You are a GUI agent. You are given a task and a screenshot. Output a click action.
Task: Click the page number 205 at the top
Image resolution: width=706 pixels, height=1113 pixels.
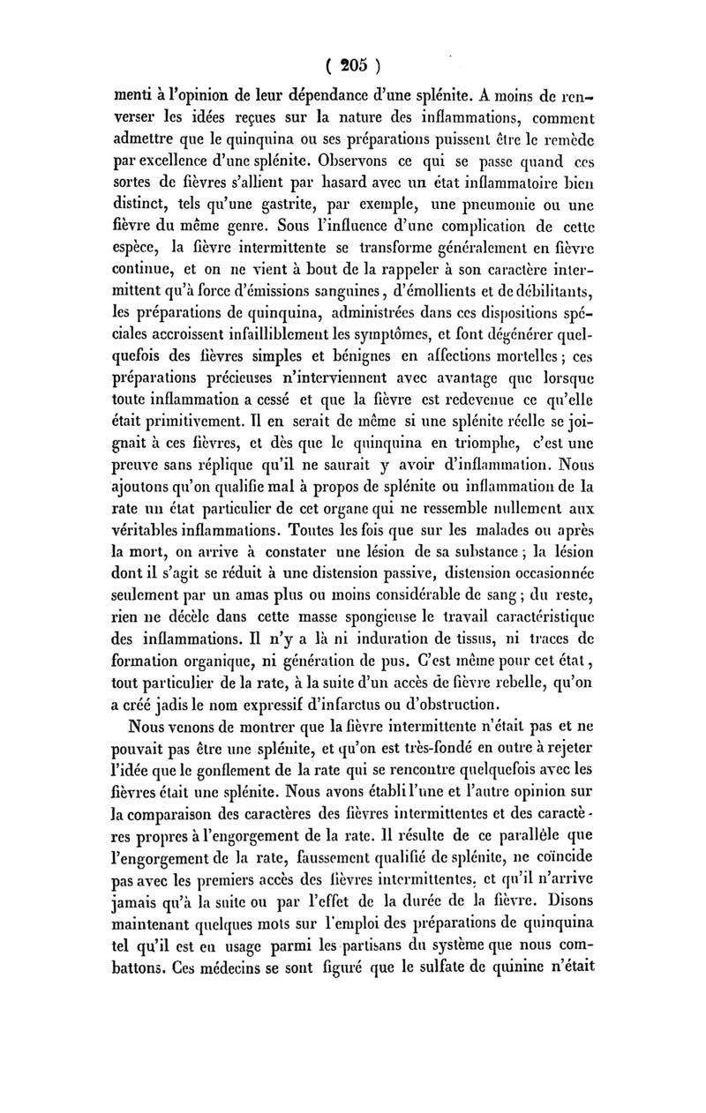[352, 67]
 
